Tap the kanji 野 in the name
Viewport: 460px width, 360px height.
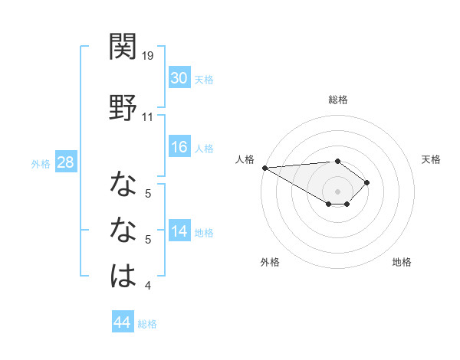pos(123,106)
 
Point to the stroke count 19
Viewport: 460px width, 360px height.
pos(148,56)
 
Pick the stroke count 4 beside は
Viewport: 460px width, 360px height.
pos(147,286)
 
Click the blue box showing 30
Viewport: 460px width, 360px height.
pos(179,78)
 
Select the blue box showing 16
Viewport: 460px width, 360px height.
pos(179,147)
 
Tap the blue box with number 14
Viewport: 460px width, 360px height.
pos(179,231)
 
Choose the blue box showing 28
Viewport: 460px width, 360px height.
pos(65,162)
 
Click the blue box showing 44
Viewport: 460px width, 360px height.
pos(122,322)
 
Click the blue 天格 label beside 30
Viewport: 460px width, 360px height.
pos(204,79)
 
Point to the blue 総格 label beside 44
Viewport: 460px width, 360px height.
pos(147,324)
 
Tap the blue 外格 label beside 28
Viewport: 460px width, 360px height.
pos(41,163)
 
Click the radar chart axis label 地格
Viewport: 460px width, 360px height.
pos(402,262)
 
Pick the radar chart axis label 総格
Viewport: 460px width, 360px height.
pos(337,100)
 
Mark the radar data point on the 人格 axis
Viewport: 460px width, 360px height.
pos(264,168)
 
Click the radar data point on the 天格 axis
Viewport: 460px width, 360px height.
pos(368,182)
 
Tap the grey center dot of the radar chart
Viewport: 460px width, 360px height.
pos(337,191)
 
